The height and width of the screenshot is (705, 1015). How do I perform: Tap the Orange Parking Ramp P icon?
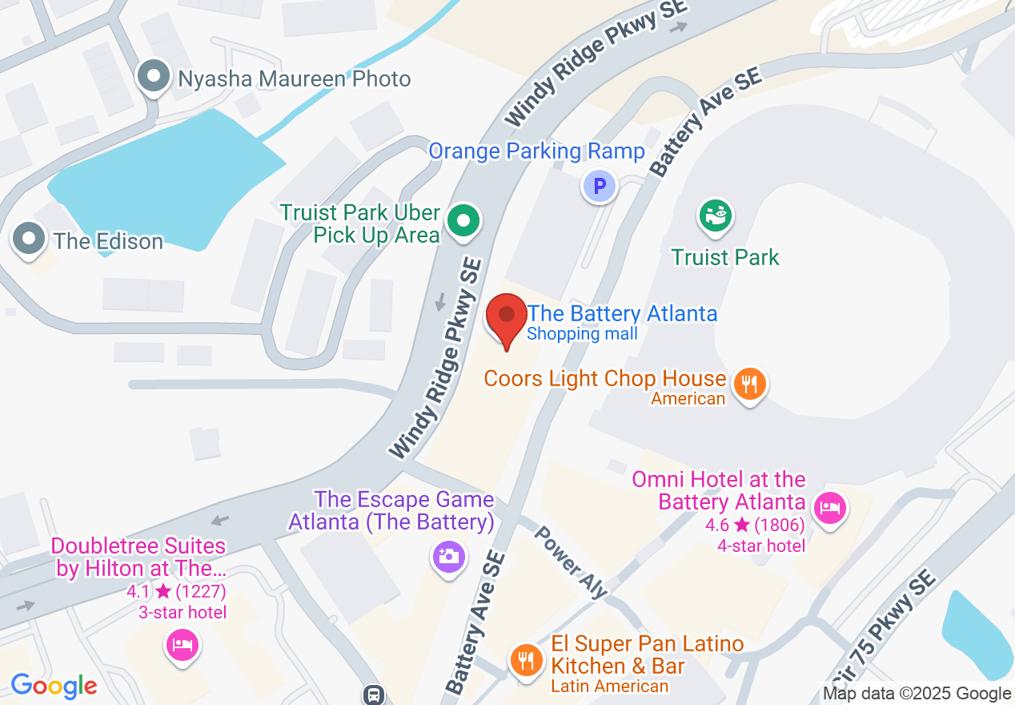click(600, 187)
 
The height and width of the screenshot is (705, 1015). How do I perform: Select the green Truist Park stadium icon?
click(716, 216)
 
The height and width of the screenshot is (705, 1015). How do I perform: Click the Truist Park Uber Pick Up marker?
click(462, 220)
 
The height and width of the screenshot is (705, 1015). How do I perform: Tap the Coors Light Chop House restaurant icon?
click(749, 384)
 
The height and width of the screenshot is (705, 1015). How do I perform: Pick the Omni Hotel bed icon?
click(829, 507)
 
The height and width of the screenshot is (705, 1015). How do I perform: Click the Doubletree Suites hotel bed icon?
click(183, 643)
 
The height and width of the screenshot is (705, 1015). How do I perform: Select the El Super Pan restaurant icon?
click(525, 659)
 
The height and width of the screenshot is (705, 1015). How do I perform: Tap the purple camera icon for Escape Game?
click(448, 555)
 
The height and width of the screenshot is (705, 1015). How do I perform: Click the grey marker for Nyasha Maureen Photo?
click(153, 78)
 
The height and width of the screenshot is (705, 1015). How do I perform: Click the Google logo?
click(54, 686)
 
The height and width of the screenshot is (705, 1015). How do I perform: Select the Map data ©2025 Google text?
click(917, 694)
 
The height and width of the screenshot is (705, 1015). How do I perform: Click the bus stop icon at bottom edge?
click(373, 694)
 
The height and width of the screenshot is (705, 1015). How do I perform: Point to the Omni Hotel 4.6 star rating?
click(755, 526)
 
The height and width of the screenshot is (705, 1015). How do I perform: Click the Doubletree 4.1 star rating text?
click(176, 592)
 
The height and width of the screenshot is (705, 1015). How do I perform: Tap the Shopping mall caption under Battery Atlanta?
click(582, 334)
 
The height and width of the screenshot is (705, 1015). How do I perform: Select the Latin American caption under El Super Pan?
click(609, 687)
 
